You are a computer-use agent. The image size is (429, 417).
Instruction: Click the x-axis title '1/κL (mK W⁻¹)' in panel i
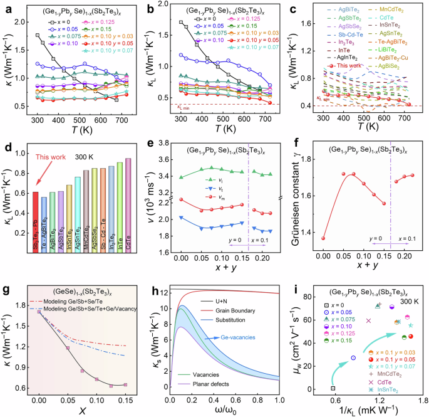tap(367, 410)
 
